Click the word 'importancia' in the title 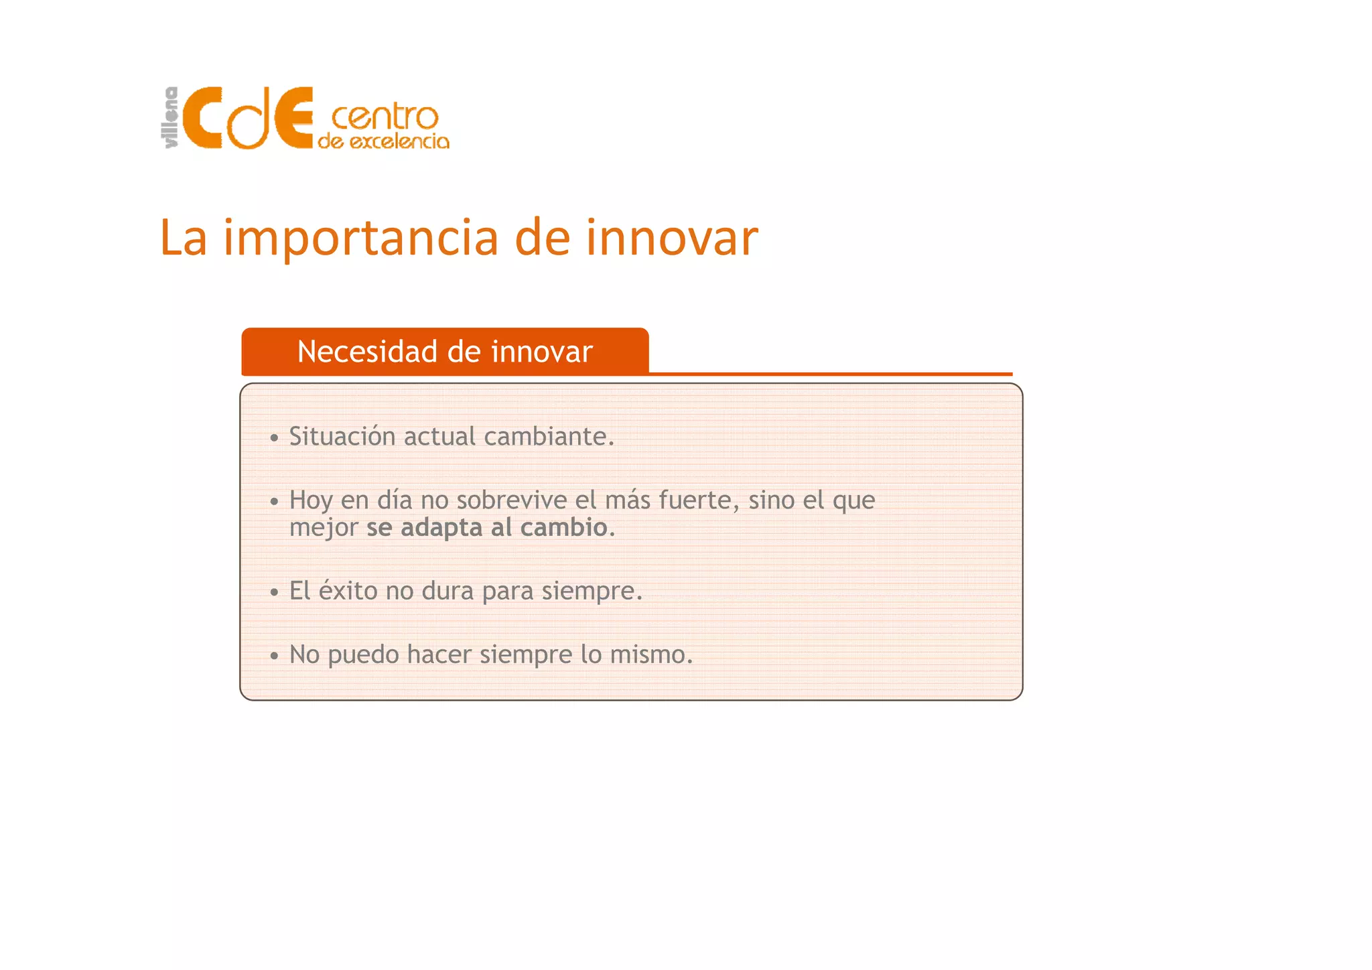[x=362, y=239]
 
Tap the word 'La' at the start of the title [x=183, y=239]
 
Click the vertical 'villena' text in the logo [x=171, y=118]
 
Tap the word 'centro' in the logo [x=385, y=117]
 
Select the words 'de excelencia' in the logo [x=383, y=141]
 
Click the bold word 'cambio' [x=563, y=528]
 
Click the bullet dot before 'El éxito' [x=274, y=593]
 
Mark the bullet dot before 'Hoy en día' [x=274, y=502]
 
